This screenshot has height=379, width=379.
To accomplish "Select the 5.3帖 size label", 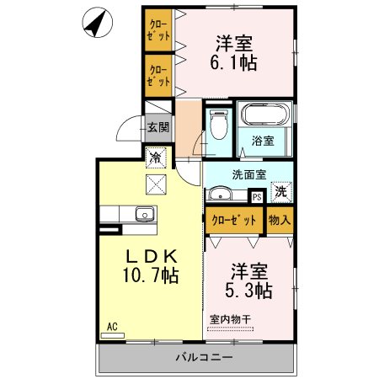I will [x=249, y=291].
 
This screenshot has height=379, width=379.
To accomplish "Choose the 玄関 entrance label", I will [x=157, y=127].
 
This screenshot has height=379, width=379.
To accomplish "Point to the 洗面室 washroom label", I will [x=249, y=176].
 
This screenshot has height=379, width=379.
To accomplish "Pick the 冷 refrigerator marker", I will [x=156, y=156].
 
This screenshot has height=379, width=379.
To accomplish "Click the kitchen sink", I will [x=144, y=214].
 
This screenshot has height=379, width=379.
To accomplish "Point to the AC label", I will [x=110, y=326].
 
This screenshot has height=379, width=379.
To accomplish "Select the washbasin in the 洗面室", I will [x=225, y=195].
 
